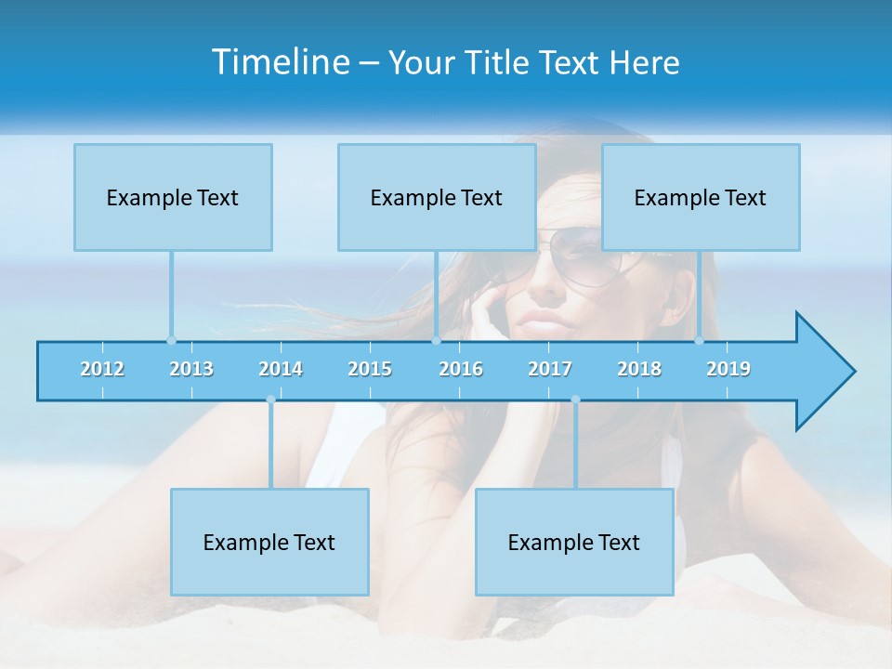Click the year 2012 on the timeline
point(102,369)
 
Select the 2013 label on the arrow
point(191,369)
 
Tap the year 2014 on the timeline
point(281,369)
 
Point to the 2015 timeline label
point(370,369)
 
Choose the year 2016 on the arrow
point(461,369)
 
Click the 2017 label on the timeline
point(550,369)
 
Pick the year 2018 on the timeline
point(639,369)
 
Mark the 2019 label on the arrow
point(728,369)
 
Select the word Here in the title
point(644,62)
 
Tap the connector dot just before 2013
point(171,340)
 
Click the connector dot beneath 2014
point(270,400)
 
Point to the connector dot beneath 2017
point(575,400)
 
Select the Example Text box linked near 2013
point(173,197)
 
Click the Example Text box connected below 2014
point(269,542)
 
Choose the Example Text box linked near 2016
point(437,197)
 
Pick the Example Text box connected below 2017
point(574,542)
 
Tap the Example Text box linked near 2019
point(701,197)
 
